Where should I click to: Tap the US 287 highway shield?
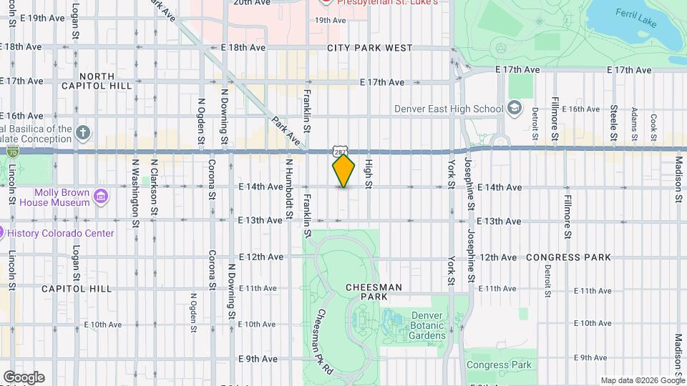340,151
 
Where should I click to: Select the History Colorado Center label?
61,233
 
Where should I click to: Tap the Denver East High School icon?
513,109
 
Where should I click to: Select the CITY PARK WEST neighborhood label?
370,48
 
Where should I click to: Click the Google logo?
24,377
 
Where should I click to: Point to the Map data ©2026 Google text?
642,380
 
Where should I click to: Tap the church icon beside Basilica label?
84,133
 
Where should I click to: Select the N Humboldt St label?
289,189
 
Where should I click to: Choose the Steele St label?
613,123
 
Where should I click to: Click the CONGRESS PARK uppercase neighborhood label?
569,257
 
